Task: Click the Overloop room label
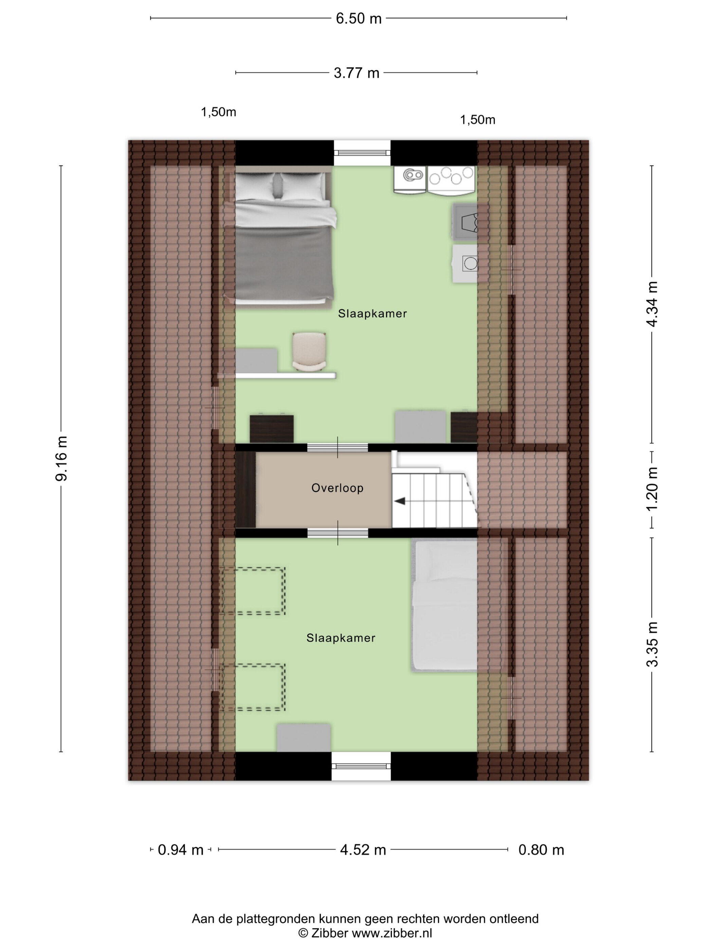[337, 488]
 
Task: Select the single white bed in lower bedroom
[444, 606]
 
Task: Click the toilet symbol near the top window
[410, 179]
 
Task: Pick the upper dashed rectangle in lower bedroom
[253, 591]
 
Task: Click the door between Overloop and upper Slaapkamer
[337, 447]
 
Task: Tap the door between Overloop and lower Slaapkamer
[337, 533]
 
